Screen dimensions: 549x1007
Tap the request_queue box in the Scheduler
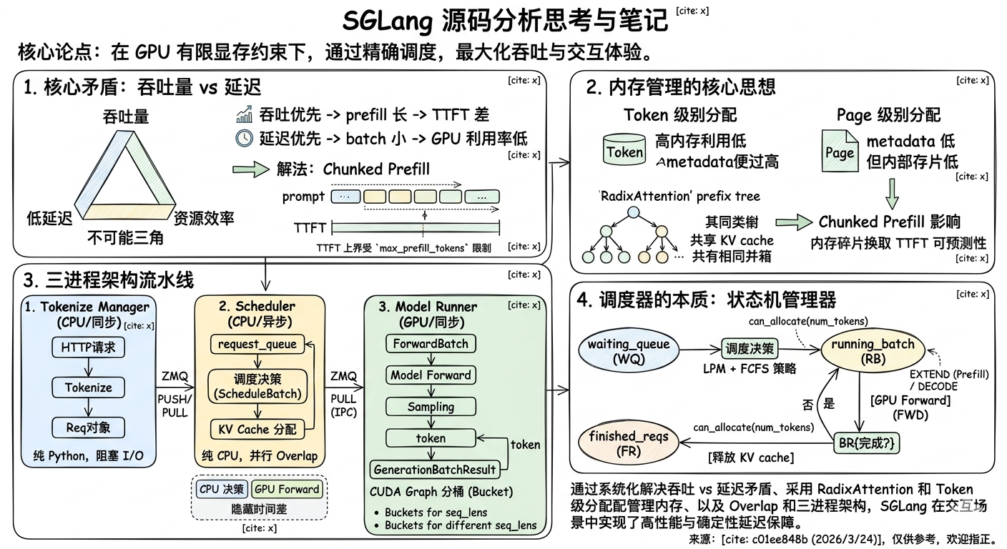[x=257, y=344]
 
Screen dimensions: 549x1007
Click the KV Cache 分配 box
[x=257, y=429]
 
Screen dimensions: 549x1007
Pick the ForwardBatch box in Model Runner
[x=431, y=344]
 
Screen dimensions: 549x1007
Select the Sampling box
[x=431, y=407]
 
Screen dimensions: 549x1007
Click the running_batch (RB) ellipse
[x=873, y=350]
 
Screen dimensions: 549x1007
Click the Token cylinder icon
[x=624, y=150]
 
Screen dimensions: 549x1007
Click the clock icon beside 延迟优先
[x=244, y=138]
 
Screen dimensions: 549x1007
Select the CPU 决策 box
[x=222, y=489]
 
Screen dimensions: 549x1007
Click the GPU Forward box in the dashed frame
[x=288, y=489]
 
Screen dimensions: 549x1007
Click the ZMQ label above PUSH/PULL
[x=175, y=376]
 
